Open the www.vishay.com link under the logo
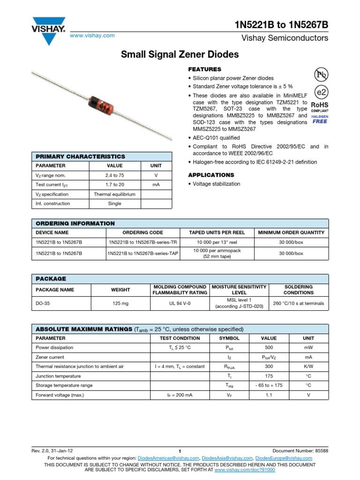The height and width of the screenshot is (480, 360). [92, 36]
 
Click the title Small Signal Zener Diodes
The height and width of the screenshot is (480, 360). [180, 55]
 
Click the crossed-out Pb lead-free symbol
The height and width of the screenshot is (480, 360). [321, 74]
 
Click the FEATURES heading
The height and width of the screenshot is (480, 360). [204, 69]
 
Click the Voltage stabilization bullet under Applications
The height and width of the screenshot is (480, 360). [216, 184]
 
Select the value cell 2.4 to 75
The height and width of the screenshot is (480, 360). [114, 175]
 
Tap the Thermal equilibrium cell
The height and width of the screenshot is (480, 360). [114, 194]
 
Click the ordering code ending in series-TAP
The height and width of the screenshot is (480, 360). [142, 254]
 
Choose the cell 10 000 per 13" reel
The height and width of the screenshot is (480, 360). [217, 242]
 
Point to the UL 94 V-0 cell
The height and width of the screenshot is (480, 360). [180, 303]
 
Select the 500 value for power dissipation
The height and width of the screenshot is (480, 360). [269, 348]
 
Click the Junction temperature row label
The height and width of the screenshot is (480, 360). [58, 376]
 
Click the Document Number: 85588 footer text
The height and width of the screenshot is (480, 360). [300, 450]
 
